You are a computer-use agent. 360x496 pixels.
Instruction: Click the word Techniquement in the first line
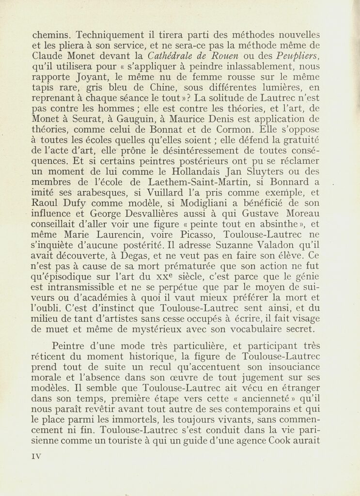click(106, 35)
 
